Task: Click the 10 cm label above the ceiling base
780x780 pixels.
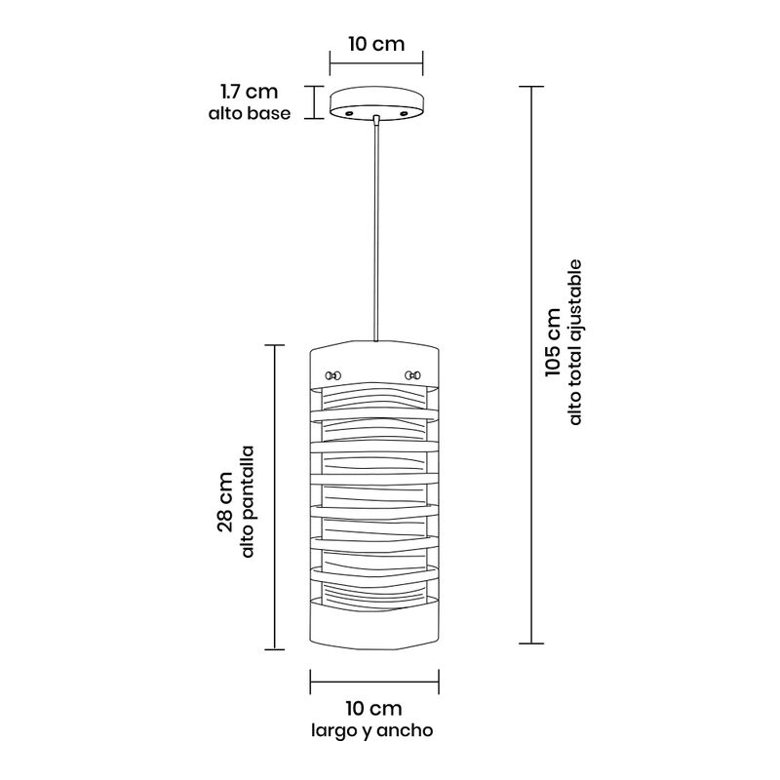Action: [x=376, y=44]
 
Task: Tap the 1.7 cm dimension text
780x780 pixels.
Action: [x=250, y=92]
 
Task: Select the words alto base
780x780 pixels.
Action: [x=250, y=113]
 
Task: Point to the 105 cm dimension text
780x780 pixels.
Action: [x=553, y=343]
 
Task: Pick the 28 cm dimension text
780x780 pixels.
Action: [x=225, y=502]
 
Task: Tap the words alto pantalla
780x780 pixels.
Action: [x=248, y=501]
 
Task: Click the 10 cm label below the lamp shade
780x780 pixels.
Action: [x=373, y=709]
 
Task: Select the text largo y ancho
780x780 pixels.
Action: [x=372, y=730]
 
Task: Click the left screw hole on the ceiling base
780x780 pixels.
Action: [x=349, y=114]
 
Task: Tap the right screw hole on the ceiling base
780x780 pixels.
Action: [x=404, y=114]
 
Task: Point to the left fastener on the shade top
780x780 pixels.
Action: [x=333, y=375]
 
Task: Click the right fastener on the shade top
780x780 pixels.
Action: [x=412, y=374]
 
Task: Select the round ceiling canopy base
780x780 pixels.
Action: [x=376, y=103]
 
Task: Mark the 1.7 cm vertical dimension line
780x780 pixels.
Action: [x=313, y=102]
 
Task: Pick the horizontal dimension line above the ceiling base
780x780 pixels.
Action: [x=376, y=63]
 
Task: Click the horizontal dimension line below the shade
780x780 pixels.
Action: [x=374, y=682]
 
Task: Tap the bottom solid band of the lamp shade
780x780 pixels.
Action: [x=374, y=625]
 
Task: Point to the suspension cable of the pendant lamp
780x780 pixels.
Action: [x=376, y=232]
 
